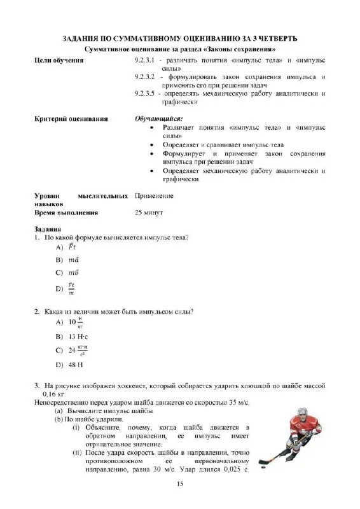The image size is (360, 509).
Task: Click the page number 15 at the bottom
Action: pyautogui.click(x=180, y=485)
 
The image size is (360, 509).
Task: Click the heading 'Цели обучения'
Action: pyautogui.click(x=59, y=60)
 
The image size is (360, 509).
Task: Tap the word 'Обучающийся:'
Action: pyautogui.click(x=158, y=119)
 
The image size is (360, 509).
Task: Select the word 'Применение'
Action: pyautogui.click(x=154, y=196)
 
